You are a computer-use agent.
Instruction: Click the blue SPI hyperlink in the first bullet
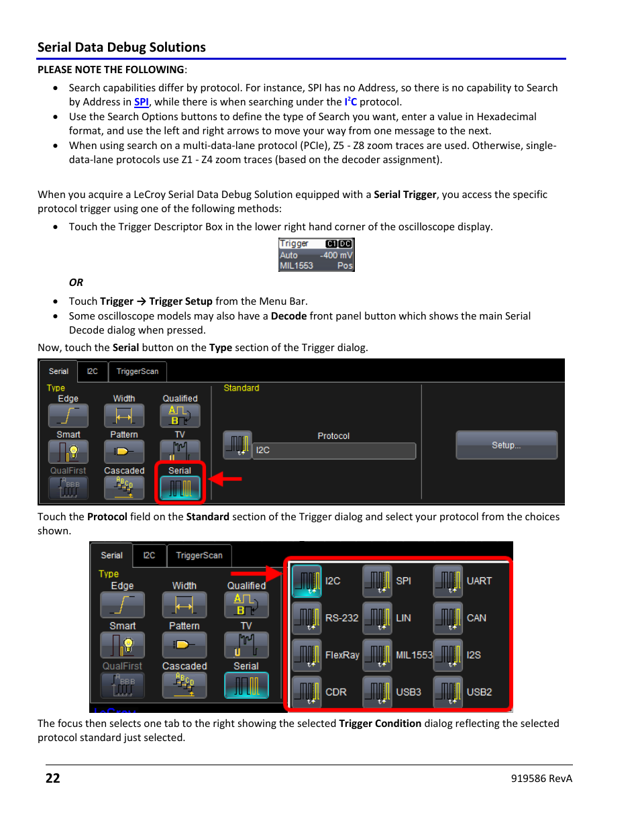coord(141,102)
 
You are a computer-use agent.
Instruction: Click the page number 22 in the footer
coord(53,778)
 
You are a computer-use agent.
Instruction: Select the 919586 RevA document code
coord(541,779)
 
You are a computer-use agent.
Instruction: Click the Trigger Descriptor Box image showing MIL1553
coord(316,255)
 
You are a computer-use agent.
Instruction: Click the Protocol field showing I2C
coord(333,450)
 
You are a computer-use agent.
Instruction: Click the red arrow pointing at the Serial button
coord(225,479)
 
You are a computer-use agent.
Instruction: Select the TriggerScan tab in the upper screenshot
coord(137,371)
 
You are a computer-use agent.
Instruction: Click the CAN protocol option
coord(462,618)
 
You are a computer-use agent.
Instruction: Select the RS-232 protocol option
coord(326,618)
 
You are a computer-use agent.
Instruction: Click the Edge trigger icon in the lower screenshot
coord(122,605)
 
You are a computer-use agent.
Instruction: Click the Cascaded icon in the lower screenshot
coord(184,685)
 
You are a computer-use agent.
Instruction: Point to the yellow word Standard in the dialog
coord(241,388)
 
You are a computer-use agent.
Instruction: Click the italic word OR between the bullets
coord(76,283)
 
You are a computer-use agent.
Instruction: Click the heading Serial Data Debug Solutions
coord(121,47)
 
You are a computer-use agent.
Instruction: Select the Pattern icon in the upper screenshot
coord(124,451)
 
